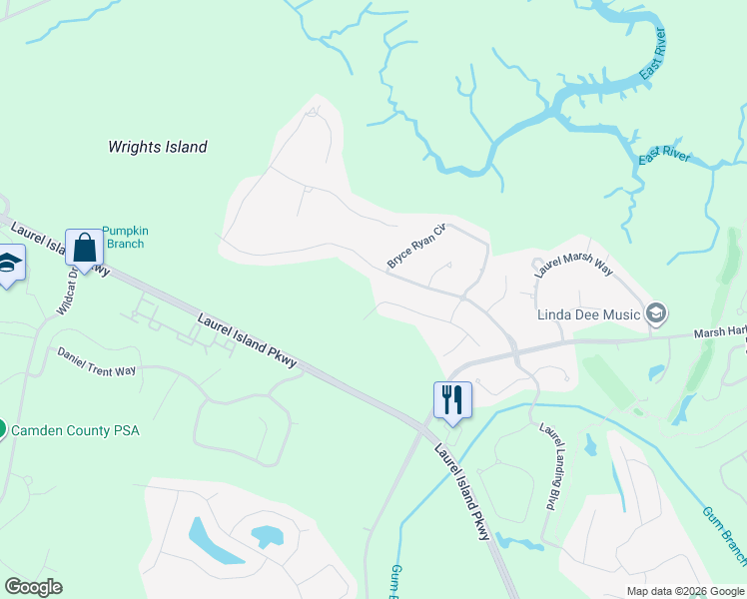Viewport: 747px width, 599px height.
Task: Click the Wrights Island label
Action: [x=158, y=147]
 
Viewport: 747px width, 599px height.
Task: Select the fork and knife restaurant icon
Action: [x=452, y=400]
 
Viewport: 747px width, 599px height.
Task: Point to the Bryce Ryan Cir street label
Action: [x=414, y=246]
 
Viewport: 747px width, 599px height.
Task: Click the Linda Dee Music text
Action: [x=588, y=314]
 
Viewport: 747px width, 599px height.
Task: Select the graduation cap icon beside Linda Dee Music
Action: [x=656, y=314]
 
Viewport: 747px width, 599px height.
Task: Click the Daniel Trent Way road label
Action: [x=96, y=361]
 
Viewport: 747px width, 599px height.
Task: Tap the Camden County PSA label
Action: [x=76, y=430]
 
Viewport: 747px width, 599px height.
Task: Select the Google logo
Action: [x=34, y=587]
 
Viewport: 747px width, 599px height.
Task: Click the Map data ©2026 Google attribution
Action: [x=685, y=591]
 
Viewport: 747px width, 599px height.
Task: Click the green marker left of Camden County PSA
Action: [x=2, y=429]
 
